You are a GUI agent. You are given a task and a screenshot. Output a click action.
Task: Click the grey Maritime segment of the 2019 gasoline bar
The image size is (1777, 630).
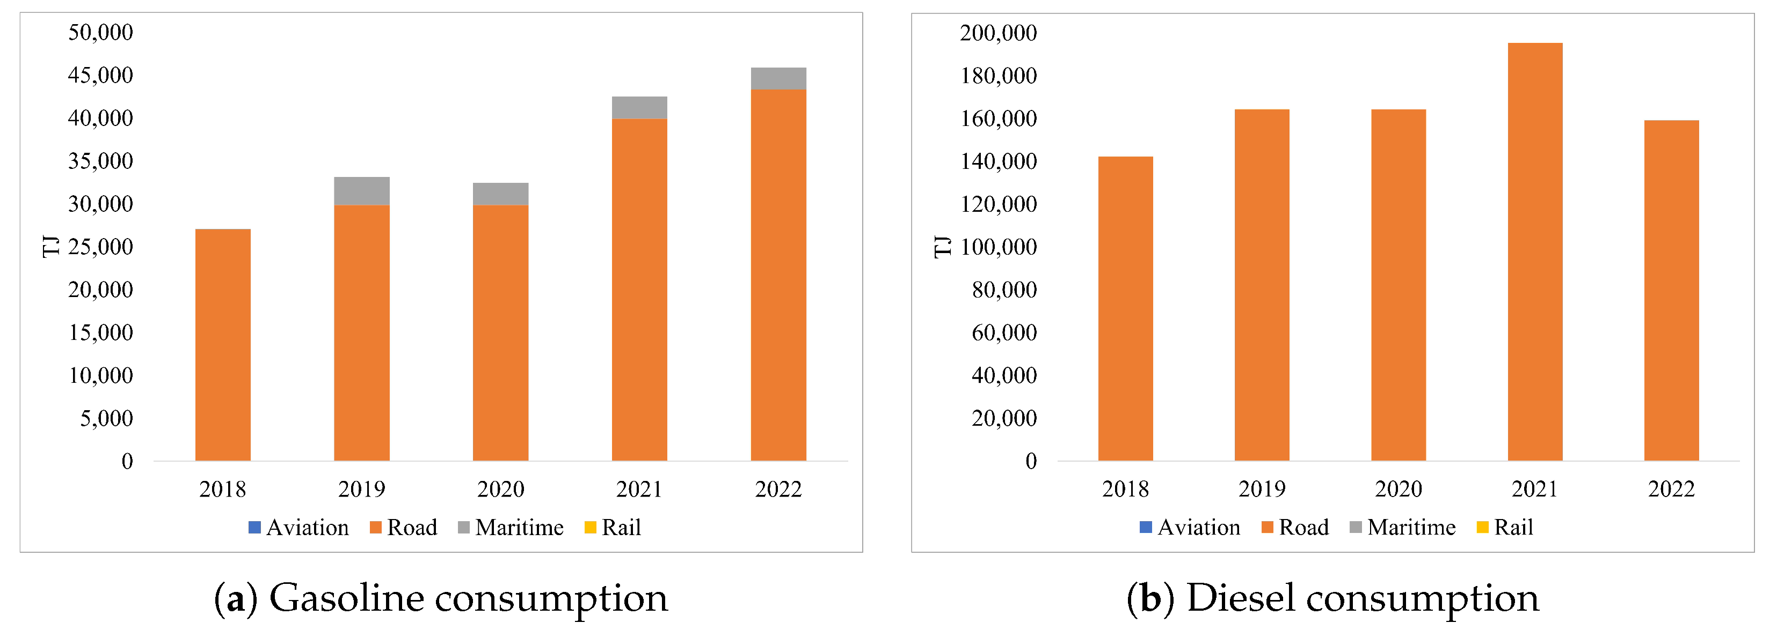click(x=361, y=191)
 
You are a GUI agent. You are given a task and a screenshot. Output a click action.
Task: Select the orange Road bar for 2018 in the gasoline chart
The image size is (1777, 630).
click(x=223, y=345)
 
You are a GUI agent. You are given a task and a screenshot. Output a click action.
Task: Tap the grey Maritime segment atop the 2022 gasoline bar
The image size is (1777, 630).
click(x=778, y=79)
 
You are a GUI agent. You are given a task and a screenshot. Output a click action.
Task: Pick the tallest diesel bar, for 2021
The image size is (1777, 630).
click(x=1535, y=251)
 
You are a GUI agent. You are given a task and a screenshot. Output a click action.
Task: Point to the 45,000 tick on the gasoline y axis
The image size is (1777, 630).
click(x=101, y=75)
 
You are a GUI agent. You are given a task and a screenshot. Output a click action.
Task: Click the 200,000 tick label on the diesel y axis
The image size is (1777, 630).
click(x=998, y=32)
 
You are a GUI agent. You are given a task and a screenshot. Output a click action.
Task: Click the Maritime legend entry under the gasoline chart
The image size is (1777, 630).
click(x=511, y=527)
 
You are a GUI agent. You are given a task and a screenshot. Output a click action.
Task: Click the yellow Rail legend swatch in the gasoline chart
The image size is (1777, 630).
click(x=591, y=527)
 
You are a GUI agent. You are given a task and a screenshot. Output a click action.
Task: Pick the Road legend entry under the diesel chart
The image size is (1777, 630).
click(x=1295, y=527)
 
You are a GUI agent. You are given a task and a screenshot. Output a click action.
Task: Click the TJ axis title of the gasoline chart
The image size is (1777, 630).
click(x=50, y=246)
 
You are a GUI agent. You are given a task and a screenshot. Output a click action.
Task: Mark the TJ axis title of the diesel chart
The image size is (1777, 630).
click(x=942, y=246)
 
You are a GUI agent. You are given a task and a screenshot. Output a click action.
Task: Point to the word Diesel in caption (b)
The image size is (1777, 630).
click(x=1240, y=598)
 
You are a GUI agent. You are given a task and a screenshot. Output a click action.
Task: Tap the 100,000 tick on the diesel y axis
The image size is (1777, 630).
click(x=998, y=247)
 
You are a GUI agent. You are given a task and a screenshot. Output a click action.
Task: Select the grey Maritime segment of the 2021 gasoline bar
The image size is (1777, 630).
click(x=639, y=108)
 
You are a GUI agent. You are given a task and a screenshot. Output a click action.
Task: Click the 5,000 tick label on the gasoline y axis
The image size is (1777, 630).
click(x=106, y=418)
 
